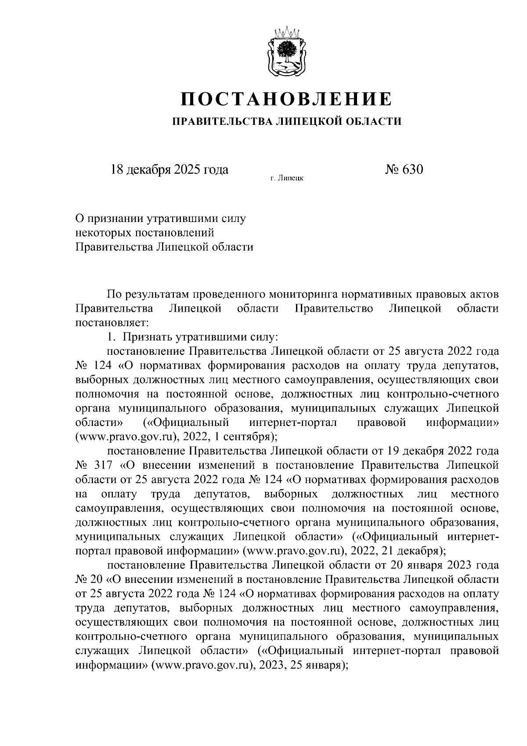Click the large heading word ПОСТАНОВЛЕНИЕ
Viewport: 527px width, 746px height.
click(286, 98)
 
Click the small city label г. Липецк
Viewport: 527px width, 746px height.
click(287, 178)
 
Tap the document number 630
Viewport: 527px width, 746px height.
click(412, 169)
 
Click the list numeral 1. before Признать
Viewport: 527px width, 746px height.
click(112, 337)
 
